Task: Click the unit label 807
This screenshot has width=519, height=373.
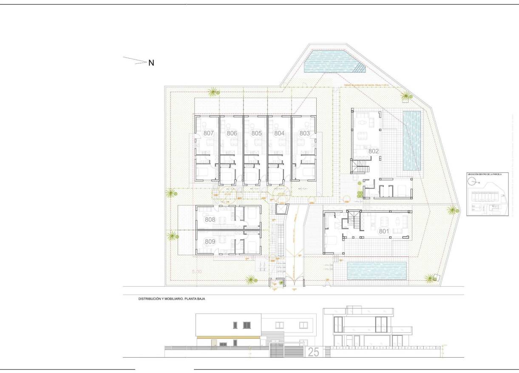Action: [208, 133]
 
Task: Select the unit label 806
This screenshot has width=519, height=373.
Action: [232, 133]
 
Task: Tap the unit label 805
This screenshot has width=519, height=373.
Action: [256, 133]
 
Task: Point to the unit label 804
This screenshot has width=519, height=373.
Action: [279, 133]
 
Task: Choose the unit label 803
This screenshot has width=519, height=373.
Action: [304, 133]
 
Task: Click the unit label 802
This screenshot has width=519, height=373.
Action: [373, 151]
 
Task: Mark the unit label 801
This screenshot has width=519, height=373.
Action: [384, 231]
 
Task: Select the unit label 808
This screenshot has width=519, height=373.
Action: [210, 220]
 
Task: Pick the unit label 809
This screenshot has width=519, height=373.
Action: [210, 242]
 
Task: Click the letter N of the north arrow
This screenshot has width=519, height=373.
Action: [151, 63]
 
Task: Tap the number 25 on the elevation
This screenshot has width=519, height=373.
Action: [314, 352]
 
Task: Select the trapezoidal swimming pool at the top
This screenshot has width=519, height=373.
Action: [333, 62]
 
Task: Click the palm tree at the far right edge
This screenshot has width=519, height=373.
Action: [453, 209]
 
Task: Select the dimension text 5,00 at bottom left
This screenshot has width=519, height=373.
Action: [197, 271]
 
